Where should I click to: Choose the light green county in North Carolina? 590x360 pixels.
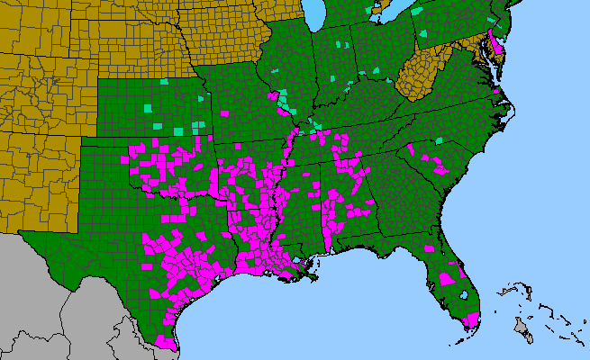click(439, 140)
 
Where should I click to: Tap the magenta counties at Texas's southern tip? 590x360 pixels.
click(166, 342)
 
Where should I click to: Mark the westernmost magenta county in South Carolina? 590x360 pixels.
click(410, 149)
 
